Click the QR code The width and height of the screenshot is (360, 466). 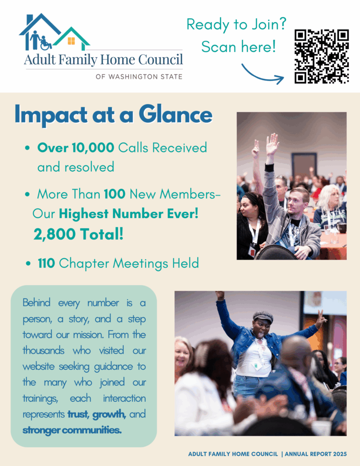(x=322, y=56)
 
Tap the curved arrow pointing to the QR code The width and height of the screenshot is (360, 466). (x=262, y=75)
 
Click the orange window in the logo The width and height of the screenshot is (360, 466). (x=71, y=41)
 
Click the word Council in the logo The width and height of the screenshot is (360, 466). (x=159, y=60)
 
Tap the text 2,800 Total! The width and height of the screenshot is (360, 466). (x=78, y=234)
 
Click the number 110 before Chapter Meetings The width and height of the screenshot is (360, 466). (x=46, y=263)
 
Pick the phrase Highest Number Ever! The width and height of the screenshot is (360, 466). (x=129, y=214)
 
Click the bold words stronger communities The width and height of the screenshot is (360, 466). (x=72, y=430)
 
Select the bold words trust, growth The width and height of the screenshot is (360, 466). (x=97, y=414)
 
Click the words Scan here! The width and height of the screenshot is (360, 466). (x=238, y=47)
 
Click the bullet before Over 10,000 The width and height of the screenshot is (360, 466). (x=28, y=149)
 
